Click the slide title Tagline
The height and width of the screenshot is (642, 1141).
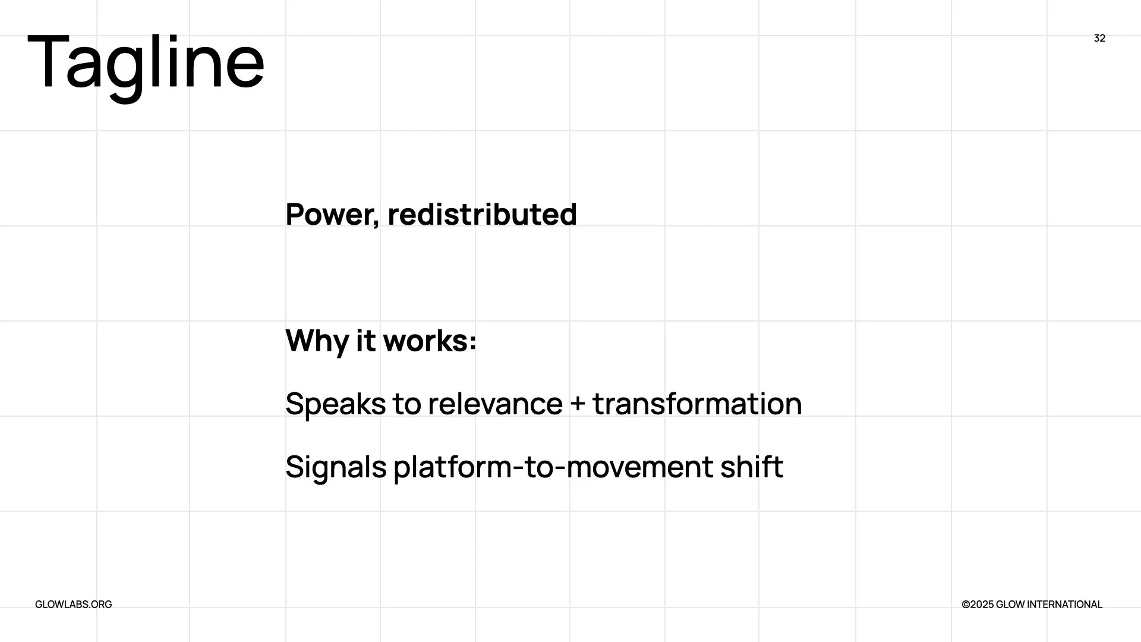pyautogui.click(x=146, y=63)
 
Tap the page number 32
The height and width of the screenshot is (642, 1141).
pyautogui.click(x=1099, y=38)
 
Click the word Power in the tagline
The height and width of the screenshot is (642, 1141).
pyautogui.click(x=329, y=214)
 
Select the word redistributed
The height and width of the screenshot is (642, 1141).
pyautogui.click(x=482, y=214)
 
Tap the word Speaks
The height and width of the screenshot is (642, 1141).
pyautogui.click(x=336, y=404)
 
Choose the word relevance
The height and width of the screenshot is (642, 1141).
pyautogui.click(x=495, y=404)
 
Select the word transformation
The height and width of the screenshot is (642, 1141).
pyautogui.click(x=697, y=404)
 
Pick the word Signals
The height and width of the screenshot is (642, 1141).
pyautogui.click(x=336, y=467)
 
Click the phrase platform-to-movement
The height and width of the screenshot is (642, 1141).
pyautogui.click(x=553, y=467)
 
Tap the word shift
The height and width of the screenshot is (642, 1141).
pyautogui.click(x=752, y=467)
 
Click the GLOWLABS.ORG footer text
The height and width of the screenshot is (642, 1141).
pyautogui.click(x=74, y=605)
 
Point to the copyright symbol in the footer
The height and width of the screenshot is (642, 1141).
pyautogui.click(x=966, y=605)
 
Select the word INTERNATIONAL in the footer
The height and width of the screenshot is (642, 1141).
pyautogui.click(x=1065, y=605)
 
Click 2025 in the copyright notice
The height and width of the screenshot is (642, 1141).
pyautogui.click(x=982, y=605)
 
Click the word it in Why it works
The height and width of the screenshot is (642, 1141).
pyautogui.click(x=366, y=341)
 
